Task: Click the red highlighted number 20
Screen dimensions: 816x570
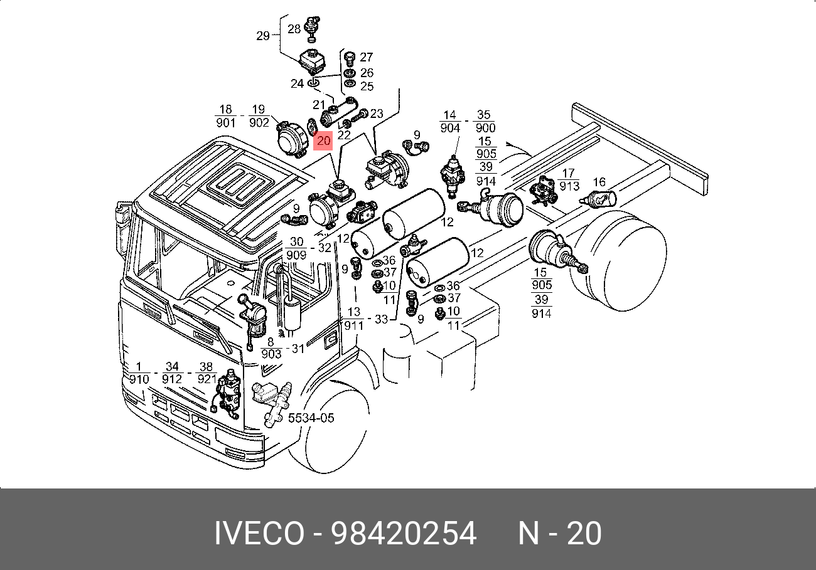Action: tap(323, 140)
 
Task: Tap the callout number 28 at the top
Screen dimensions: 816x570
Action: tap(294, 29)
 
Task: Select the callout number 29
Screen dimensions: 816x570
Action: tap(263, 36)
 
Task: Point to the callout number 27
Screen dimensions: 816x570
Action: tap(367, 57)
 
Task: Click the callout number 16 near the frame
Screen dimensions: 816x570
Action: tap(599, 182)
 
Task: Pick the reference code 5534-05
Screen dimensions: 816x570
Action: tap(311, 418)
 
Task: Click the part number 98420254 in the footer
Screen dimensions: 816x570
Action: tap(404, 534)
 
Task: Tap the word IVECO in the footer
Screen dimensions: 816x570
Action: tap(259, 534)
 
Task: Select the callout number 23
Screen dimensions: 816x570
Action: tap(377, 113)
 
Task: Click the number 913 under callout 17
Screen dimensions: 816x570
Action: tap(569, 186)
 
